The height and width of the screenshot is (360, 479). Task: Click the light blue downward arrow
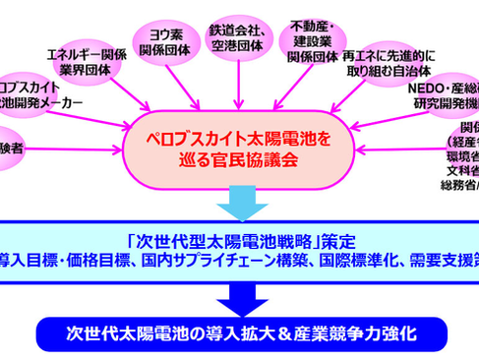point(241,199)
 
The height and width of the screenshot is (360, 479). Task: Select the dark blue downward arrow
point(241,294)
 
